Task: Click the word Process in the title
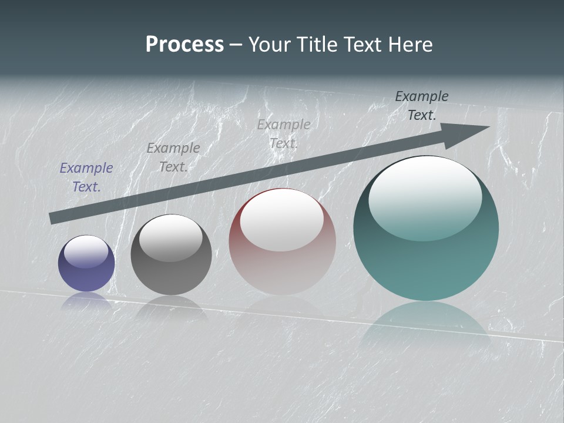click(x=184, y=45)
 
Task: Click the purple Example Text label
click(x=86, y=177)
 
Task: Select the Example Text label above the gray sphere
click(x=173, y=157)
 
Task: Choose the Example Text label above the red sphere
click(x=284, y=134)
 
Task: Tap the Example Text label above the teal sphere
click(x=422, y=106)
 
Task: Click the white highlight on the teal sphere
click(x=425, y=197)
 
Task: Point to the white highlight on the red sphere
click(x=281, y=220)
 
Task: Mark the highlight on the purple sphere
click(x=86, y=251)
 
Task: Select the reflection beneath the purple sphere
click(x=86, y=301)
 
